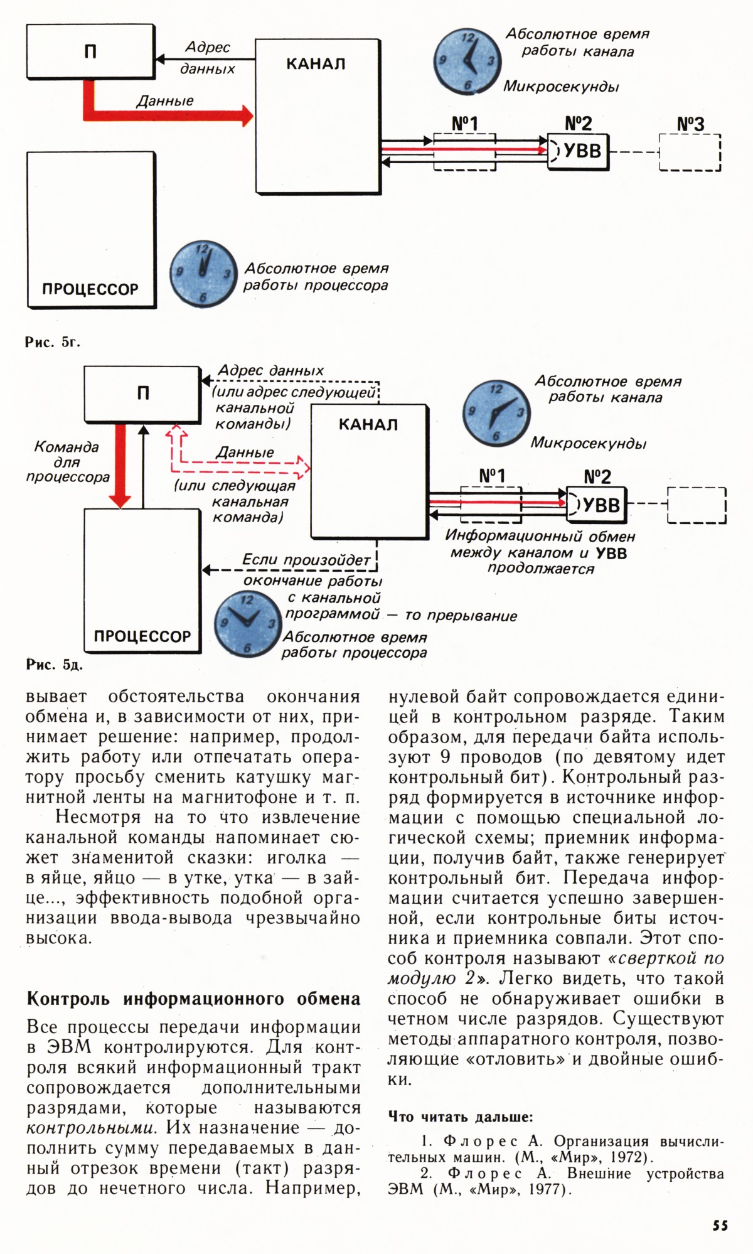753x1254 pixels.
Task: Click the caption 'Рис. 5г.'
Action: pyautogui.click(x=53, y=342)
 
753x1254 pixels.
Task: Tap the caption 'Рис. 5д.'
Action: pyautogui.click(x=54, y=665)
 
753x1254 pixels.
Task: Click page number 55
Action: pyautogui.click(x=720, y=1225)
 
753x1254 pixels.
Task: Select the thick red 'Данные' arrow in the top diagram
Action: pyautogui.click(x=166, y=115)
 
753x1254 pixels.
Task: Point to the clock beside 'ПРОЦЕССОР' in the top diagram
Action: pyautogui.click(x=203, y=273)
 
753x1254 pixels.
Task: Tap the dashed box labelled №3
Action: pyautogui.click(x=690, y=152)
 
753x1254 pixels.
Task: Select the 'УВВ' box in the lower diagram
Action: pyautogui.click(x=597, y=505)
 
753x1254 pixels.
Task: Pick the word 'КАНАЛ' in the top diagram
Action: pyautogui.click(x=316, y=64)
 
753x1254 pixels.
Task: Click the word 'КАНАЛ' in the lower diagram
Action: pyautogui.click(x=368, y=425)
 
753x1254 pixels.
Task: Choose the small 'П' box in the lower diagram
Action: pyautogui.click(x=142, y=394)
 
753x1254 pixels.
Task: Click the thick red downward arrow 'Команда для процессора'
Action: pyautogui.click(x=119, y=464)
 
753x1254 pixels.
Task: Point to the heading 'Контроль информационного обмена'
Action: pyautogui.click(x=193, y=998)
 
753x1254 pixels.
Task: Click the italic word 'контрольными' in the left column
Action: pyautogui.click(x=90, y=1127)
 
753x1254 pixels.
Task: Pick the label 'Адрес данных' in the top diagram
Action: pyautogui.click(x=207, y=58)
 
